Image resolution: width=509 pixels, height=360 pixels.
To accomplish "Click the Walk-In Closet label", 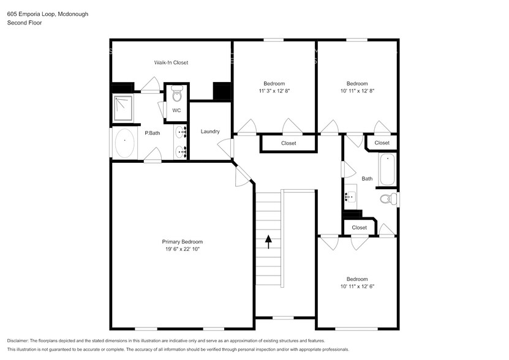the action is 171,62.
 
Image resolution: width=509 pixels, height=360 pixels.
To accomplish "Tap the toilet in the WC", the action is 176,93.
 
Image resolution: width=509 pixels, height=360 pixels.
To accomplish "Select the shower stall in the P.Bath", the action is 123,108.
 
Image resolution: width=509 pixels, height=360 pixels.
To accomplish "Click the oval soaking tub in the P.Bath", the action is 125,143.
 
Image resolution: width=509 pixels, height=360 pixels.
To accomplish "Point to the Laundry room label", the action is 210,132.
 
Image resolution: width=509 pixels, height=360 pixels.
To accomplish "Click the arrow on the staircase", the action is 268,241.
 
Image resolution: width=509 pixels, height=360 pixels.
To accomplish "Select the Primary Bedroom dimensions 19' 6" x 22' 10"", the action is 182,249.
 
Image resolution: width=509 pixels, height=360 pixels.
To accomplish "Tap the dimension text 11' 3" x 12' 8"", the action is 274,91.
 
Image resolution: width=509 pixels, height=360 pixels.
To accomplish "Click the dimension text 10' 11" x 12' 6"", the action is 357,287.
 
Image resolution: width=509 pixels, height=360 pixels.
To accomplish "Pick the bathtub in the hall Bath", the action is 387,170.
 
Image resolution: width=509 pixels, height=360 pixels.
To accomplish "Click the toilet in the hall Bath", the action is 388,198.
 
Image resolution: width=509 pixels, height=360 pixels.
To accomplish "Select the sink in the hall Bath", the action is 350,197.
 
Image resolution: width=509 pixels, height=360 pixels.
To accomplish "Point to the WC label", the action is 176,110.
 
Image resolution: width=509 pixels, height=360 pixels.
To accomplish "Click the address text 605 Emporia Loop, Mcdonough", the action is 48,14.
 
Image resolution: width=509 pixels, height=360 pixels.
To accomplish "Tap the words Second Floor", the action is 25,23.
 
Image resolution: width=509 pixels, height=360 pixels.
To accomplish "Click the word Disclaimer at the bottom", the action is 18,341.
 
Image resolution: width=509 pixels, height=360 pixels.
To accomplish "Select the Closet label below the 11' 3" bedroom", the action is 288,143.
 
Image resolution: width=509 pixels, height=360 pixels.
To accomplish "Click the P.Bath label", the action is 153,133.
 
